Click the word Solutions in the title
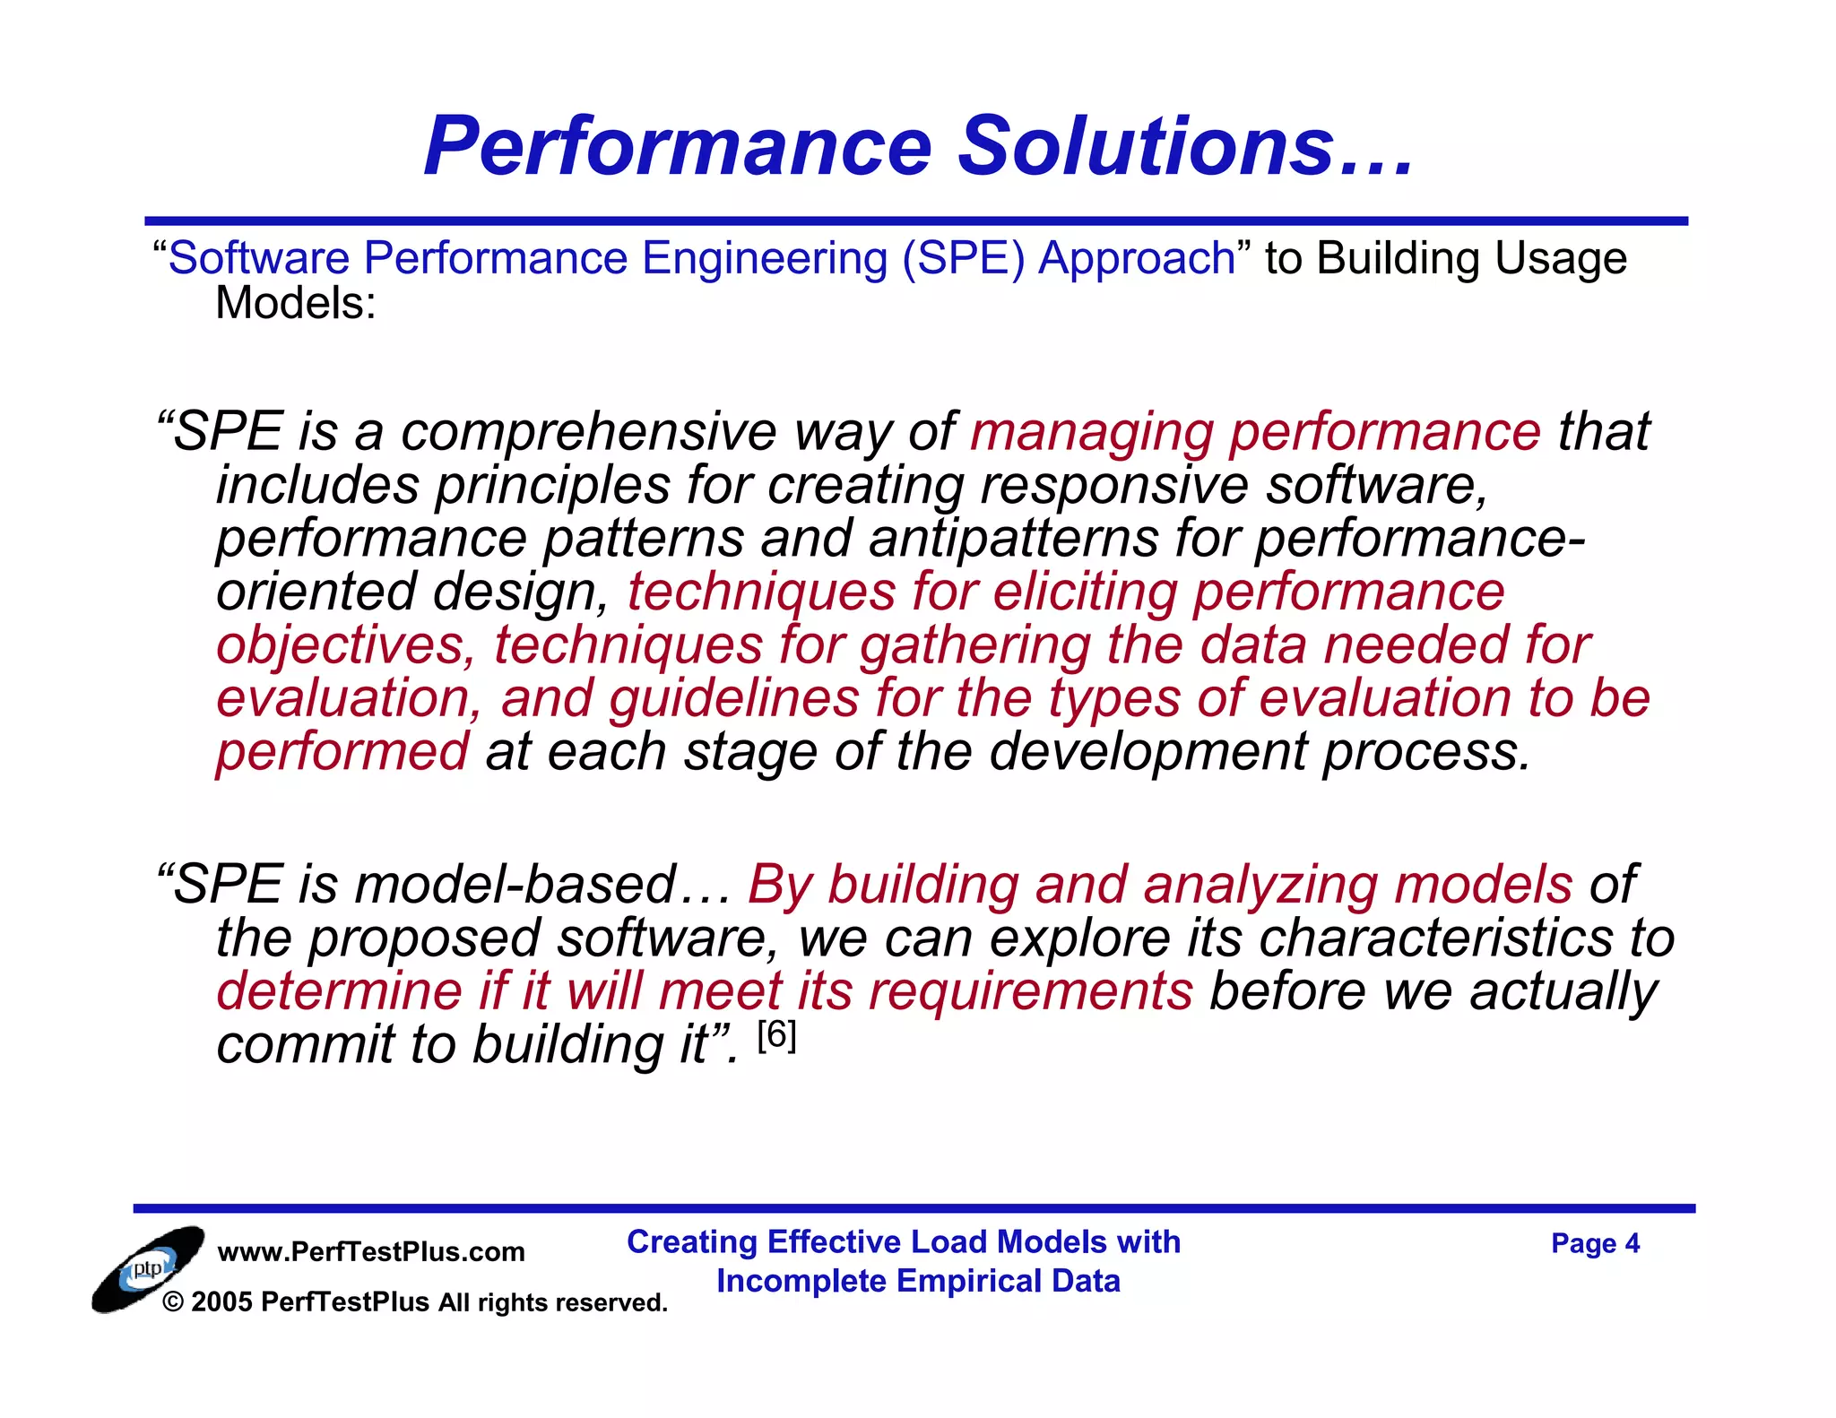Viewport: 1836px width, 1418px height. tap(1147, 146)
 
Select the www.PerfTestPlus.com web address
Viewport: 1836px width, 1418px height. tap(371, 1251)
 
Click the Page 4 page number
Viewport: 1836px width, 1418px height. tap(1595, 1243)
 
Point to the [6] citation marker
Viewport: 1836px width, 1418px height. tap(776, 1036)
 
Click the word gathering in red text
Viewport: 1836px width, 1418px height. tap(974, 645)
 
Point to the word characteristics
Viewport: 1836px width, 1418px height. tap(1434, 938)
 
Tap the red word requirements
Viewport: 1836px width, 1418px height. tap(1030, 991)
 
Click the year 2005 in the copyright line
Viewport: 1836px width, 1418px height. tap(221, 1301)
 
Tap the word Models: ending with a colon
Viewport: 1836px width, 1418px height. tap(296, 303)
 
